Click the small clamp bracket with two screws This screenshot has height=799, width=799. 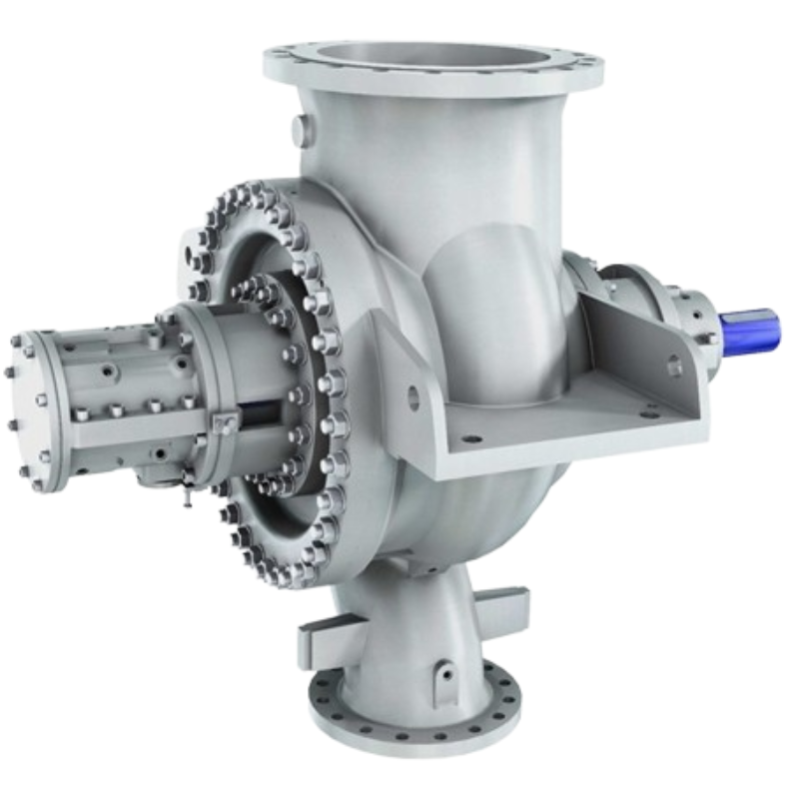pyautogui.click(x=224, y=423)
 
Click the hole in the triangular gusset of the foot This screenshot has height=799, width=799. pyautogui.click(x=413, y=398)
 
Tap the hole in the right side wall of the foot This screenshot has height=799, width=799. pyautogui.click(x=674, y=367)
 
